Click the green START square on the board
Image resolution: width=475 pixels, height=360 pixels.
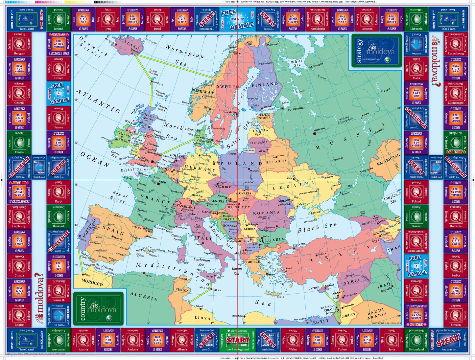[x=238, y=340]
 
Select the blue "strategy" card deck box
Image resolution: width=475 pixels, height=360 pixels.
[x=376, y=51]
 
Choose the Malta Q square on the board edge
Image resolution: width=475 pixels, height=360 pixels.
[x=416, y=69]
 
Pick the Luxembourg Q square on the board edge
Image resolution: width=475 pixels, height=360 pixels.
[x=456, y=44]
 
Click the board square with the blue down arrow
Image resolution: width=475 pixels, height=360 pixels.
[x=416, y=44]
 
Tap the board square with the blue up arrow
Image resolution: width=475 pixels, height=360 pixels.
[x=59, y=316]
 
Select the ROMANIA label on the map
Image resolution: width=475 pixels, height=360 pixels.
[x=266, y=213]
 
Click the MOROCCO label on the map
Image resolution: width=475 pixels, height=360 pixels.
[x=92, y=282]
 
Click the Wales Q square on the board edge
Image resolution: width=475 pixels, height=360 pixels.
[x=293, y=340]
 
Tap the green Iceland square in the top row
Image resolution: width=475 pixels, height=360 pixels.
[x=59, y=19]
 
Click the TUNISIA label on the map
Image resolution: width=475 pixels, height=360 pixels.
[x=182, y=290]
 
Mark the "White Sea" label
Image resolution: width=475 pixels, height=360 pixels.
[x=297, y=63]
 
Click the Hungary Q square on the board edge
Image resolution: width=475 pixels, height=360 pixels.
[x=19, y=44]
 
